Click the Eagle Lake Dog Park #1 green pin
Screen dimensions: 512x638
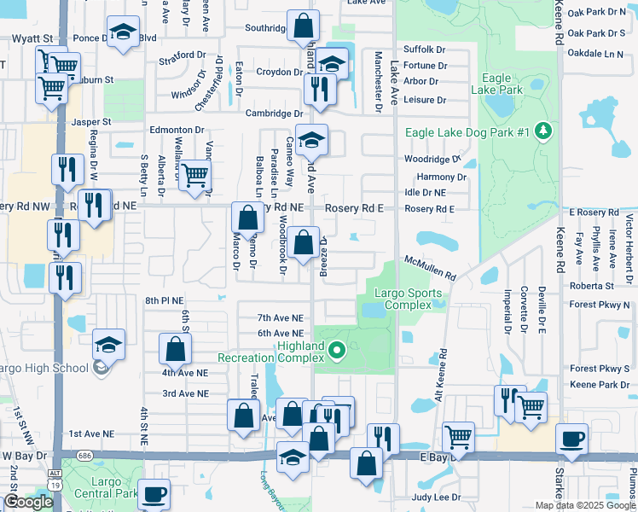pyautogui.click(x=542, y=131)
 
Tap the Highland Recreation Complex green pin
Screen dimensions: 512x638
pyautogui.click(x=336, y=349)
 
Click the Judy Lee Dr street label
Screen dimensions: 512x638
pyautogui.click(x=436, y=497)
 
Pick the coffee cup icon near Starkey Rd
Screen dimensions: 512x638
pyautogui.click(x=571, y=439)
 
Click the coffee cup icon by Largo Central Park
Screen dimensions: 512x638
pyautogui.click(x=154, y=493)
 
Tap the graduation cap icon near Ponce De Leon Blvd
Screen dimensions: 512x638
pyautogui.click(x=124, y=32)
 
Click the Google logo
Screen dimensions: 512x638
pyautogui.click(x=28, y=502)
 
